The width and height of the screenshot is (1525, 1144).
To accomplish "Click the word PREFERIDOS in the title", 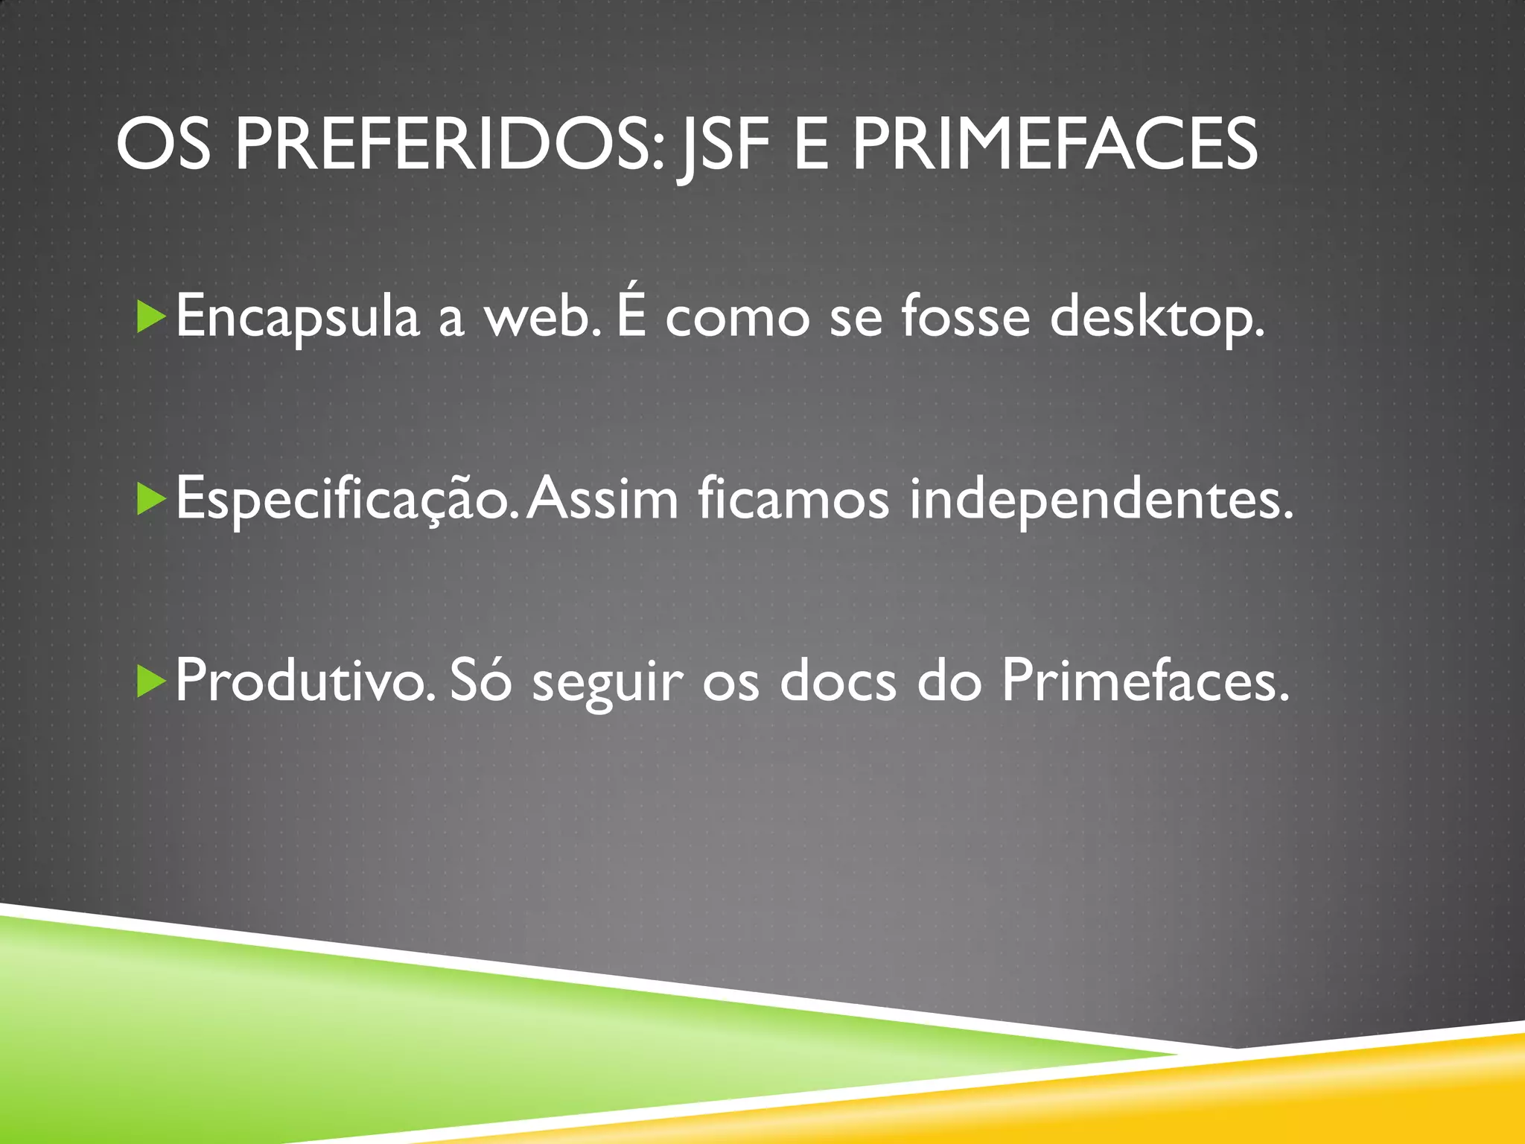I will [x=448, y=145].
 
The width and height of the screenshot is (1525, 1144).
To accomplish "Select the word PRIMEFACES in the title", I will [x=1054, y=145].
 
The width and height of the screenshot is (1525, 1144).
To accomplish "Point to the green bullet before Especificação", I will [x=151, y=499].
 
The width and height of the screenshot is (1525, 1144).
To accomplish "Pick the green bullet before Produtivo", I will [x=151, y=681].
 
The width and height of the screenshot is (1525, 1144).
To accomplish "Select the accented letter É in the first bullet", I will [x=631, y=313].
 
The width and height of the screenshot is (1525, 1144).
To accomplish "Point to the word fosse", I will [x=966, y=317].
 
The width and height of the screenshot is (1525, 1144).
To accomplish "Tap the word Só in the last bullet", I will [x=481, y=680].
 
